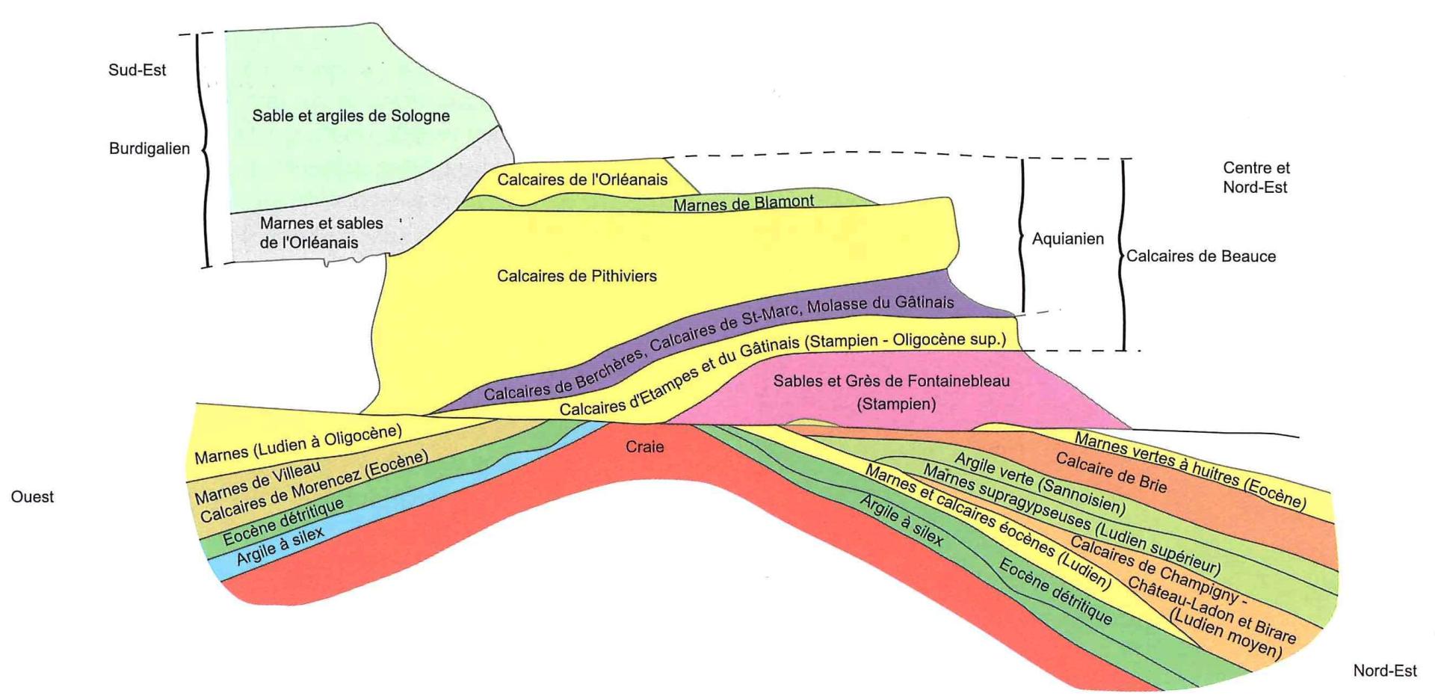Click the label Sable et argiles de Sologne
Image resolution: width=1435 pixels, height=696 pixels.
(351, 116)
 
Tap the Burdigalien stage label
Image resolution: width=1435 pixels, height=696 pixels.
(149, 148)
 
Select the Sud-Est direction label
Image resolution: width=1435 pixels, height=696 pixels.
(137, 70)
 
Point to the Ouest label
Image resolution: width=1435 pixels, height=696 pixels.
(32, 497)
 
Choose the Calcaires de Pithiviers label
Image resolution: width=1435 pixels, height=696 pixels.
(576, 276)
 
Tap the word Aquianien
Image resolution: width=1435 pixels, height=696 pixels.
(1067, 239)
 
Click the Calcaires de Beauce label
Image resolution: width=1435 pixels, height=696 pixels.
(1200, 256)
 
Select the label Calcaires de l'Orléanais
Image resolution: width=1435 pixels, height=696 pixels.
(582, 179)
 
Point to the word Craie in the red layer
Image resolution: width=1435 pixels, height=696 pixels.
(644, 447)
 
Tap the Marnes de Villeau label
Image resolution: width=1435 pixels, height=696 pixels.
(257, 483)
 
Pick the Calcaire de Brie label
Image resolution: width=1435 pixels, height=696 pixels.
(1111, 473)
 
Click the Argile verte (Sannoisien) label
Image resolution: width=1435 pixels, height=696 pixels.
(1040, 484)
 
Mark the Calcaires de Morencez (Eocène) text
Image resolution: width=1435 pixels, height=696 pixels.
(314, 487)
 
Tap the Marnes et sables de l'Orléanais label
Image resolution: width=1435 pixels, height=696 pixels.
(321, 232)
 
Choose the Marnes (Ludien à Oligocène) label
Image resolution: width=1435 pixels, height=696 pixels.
(298, 444)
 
